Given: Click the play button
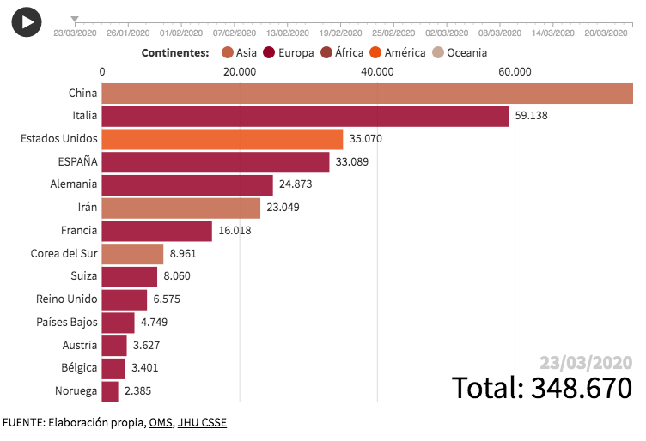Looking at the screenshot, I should (27, 21).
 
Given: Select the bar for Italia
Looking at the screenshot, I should (305, 116).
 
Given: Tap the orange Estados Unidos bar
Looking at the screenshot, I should (222, 139).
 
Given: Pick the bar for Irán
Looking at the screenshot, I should (180, 208).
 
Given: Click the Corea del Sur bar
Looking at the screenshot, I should (132, 254).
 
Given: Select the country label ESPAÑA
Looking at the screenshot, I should (76, 162).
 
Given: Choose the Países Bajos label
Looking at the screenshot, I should (66, 323).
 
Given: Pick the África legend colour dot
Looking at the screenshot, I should (326, 52).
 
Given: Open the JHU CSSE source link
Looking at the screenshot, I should (202, 422).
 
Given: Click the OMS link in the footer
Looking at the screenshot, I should (160, 422).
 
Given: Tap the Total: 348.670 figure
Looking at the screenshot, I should (542, 387).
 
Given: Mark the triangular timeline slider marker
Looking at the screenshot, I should (75, 19).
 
